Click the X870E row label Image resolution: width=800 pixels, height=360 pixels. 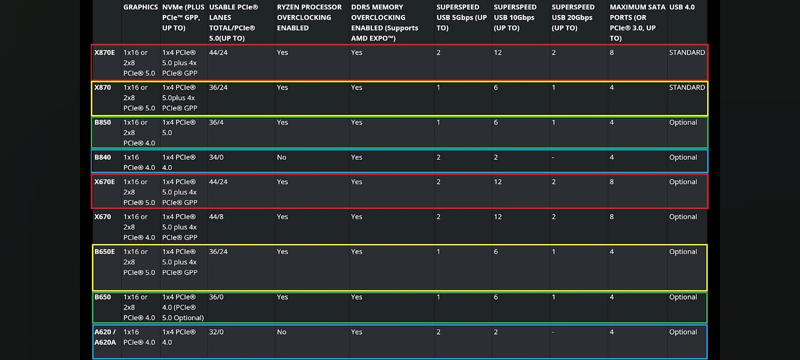point(104,52)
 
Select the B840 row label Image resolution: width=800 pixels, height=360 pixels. point(102,157)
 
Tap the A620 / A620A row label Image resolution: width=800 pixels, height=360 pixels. point(105,337)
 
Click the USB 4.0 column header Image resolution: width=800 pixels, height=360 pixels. point(682,7)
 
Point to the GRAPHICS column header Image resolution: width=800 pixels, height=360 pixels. point(140,7)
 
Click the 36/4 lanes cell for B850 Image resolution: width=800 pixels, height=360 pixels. point(216,122)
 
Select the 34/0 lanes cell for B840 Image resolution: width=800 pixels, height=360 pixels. point(216,157)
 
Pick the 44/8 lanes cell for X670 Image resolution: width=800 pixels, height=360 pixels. point(216,217)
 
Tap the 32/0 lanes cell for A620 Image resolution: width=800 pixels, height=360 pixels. point(216,332)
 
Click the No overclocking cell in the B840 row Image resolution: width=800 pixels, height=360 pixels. point(282,157)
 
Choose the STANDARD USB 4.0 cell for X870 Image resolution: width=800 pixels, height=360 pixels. point(687,87)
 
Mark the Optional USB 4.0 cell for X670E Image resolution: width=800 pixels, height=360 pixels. point(683,182)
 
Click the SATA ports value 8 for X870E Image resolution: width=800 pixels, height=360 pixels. point(612,52)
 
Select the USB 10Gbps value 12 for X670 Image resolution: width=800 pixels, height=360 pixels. point(498,217)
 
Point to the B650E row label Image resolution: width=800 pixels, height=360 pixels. point(104,252)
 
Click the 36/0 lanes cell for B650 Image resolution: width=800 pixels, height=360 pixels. point(216,297)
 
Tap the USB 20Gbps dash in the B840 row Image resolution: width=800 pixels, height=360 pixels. point(553,157)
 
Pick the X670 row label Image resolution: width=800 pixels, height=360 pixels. point(102,217)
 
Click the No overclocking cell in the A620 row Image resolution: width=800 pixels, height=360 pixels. point(282,332)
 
